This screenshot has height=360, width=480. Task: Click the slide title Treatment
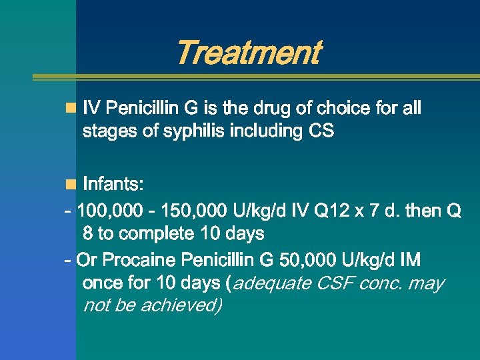tap(247, 53)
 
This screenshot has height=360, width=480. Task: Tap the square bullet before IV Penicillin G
tap(70, 108)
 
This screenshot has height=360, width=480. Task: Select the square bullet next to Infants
tap(70, 184)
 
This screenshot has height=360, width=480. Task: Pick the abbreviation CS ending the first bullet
tap(321, 131)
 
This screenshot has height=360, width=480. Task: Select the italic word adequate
tap(272, 283)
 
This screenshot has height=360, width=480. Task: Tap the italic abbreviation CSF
tap(335, 283)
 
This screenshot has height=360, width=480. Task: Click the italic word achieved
tap(181, 306)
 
